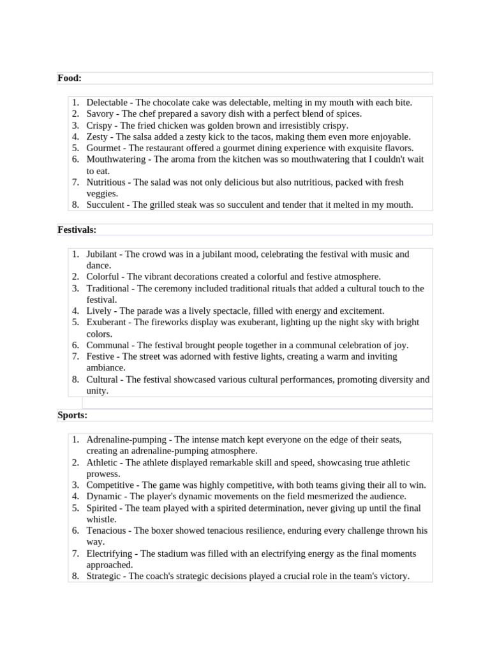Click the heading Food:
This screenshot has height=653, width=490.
click(70, 78)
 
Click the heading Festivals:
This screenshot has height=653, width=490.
click(77, 229)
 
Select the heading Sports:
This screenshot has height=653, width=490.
click(72, 415)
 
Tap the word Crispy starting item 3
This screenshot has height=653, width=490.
click(100, 125)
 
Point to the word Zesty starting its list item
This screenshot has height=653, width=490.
click(99, 136)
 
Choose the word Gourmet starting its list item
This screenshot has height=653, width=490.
click(104, 148)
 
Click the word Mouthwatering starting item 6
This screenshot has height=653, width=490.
click(117, 159)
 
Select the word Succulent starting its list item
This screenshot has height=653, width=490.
click(106, 205)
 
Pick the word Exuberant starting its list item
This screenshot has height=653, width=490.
click(106, 322)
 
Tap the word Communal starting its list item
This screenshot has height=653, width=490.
click(107, 345)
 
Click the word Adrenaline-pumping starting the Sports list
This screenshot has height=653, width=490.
click(126, 439)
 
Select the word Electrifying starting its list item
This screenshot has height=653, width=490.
click(109, 554)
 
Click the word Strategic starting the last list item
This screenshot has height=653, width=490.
click(105, 576)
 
